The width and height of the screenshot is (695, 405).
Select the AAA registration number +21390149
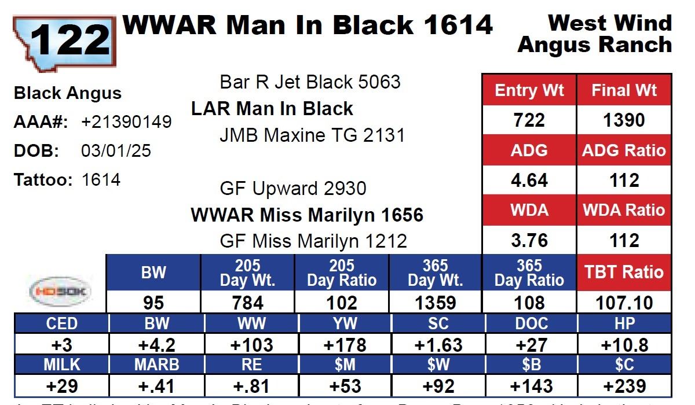point(126,122)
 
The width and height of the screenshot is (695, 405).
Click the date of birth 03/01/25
point(116,151)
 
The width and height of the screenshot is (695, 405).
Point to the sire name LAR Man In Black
point(272,109)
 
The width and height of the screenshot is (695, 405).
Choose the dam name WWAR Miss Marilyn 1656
point(307,215)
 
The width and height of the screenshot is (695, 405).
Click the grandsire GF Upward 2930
point(293,189)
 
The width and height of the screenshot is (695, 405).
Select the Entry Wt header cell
point(529,91)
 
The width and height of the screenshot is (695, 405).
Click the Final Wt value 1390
point(624,120)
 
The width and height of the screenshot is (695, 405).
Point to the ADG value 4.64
point(529,181)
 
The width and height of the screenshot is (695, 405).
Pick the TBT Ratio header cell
point(624,272)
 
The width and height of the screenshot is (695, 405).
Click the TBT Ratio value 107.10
point(624,303)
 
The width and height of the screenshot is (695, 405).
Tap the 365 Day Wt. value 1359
point(435,303)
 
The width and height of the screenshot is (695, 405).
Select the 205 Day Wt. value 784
point(247,303)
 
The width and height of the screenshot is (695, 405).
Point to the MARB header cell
point(157,365)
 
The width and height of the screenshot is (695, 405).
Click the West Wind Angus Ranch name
point(595,34)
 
